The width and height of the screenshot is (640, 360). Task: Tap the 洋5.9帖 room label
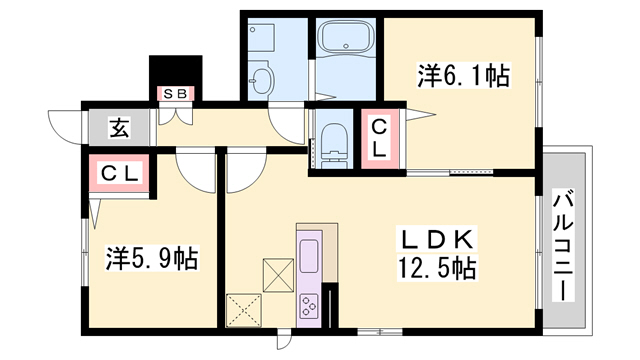point(152,259)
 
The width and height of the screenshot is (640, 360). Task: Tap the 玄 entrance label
point(118,129)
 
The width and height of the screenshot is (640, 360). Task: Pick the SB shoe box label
point(176,94)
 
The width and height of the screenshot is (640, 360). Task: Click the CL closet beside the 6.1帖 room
point(380,137)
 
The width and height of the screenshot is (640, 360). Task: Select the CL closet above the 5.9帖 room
point(120,173)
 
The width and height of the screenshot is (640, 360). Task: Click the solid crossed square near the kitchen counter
point(277,272)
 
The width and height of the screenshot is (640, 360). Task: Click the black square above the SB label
point(175,71)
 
